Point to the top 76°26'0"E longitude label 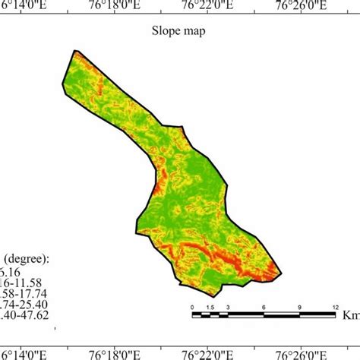[302, 6]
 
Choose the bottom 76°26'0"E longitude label [302, 353]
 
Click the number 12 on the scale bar [335, 306]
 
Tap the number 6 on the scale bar [264, 306]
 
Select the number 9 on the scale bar [299, 306]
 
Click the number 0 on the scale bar [193, 306]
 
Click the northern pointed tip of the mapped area [75, 51]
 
